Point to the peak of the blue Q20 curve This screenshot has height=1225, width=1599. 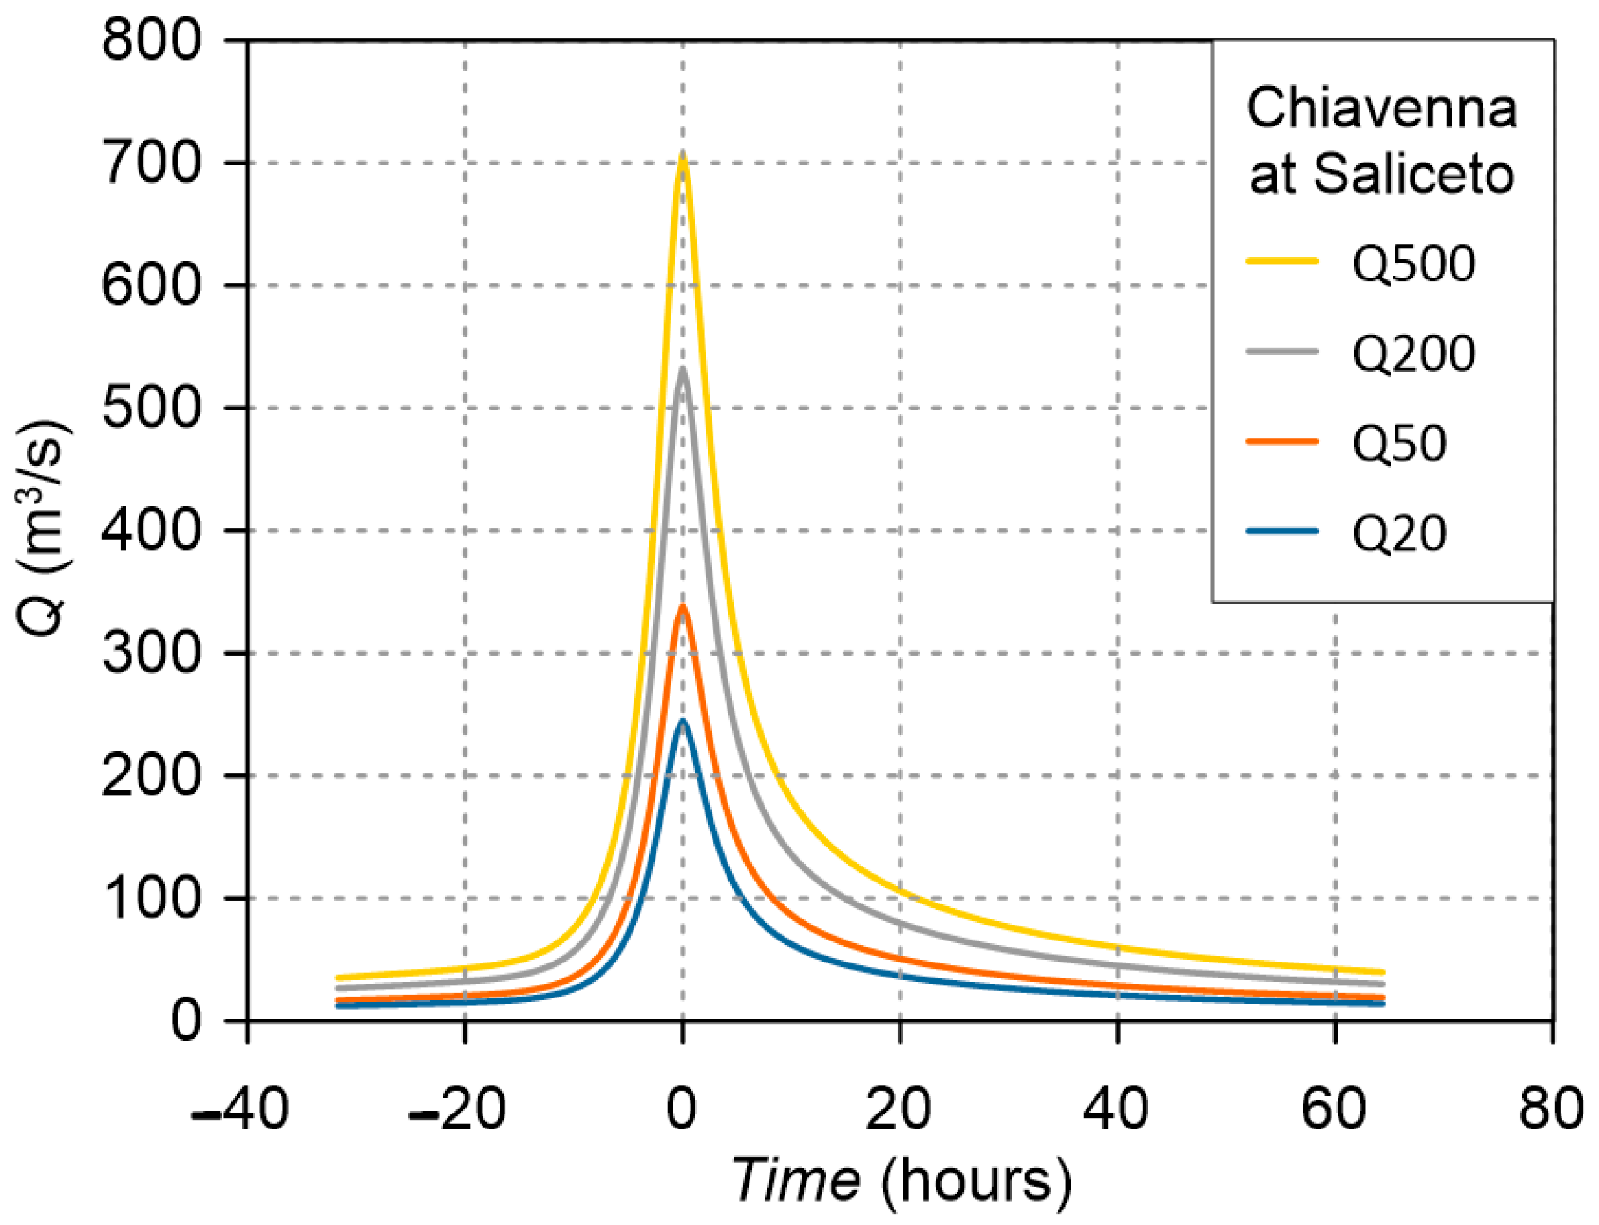(x=682, y=720)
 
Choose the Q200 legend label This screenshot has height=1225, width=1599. (x=1413, y=354)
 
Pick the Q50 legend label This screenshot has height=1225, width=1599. (x=1398, y=443)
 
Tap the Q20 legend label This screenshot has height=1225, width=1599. (x=1398, y=534)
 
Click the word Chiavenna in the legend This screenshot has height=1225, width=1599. (x=1381, y=108)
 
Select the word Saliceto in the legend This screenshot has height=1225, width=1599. (x=1413, y=175)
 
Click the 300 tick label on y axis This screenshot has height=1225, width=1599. (x=151, y=652)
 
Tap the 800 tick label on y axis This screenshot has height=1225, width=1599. (x=151, y=41)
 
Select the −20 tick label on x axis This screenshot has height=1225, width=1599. (x=457, y=1108)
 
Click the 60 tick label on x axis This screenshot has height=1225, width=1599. (x=1333, y=1108)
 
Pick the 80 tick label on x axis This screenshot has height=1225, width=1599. (x=1550, y=1108)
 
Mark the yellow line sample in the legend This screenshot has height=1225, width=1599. (x=1282, y=261)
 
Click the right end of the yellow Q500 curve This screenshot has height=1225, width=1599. (x=1382, y=972)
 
